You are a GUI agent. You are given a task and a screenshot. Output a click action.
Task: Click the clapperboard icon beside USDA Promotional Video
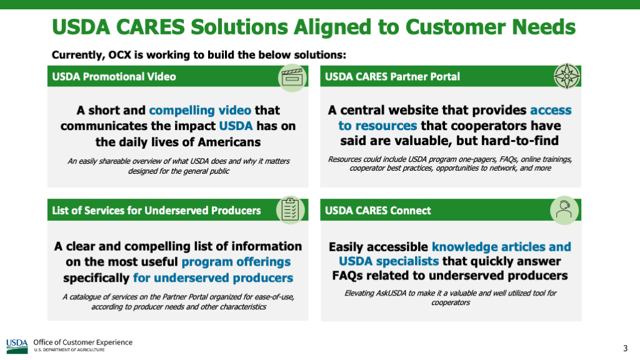(x=292, y=77)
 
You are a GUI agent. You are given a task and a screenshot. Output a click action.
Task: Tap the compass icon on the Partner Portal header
(x=566, y=76)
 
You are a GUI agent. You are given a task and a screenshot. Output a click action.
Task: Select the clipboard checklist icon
(x=290, y=210)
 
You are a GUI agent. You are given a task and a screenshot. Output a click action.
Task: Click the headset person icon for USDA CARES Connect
(x=564, y=210)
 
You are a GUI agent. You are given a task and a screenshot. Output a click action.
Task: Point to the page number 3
(x=625, y=348)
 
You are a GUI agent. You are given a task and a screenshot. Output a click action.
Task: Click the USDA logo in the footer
(x=17, y=346)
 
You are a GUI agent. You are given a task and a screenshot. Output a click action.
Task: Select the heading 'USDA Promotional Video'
(x=114, y=77)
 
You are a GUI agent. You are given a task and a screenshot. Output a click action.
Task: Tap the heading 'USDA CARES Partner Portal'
(x=392, y=77)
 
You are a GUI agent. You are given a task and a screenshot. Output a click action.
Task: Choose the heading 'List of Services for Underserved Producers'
(x=156, y=211)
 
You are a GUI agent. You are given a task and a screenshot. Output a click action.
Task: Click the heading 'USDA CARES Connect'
(x=377, y=211)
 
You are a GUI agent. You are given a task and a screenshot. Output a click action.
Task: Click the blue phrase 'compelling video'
(x=200, y=110)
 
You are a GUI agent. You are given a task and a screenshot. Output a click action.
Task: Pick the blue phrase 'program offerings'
(x=236, y=262)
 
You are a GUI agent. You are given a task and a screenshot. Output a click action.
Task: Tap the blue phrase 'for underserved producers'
(x=213, y=278)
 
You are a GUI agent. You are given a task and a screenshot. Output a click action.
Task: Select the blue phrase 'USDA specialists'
(x=389, y=261)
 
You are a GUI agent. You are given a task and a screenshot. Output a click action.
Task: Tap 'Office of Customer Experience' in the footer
(x=83, y=342)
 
